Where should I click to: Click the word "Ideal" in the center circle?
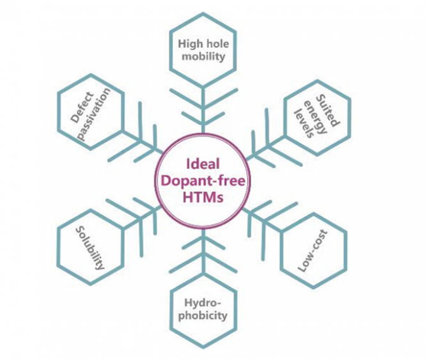click(202, 163)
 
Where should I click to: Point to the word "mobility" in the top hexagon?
click(202, 56)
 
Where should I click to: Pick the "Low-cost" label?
click(313, 251)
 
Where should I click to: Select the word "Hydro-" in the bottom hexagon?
click(202, 302)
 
